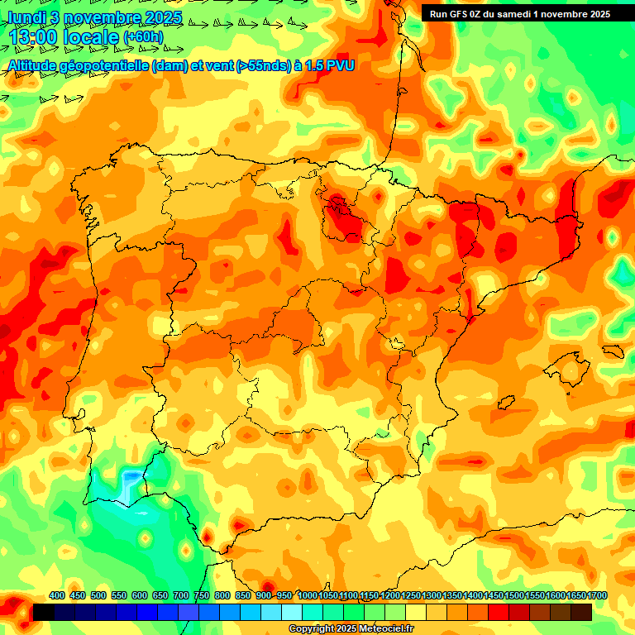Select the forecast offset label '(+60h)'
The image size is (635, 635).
click(143, 37)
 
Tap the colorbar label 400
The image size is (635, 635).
click(57, 595)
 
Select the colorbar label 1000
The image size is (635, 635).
click(307, 595)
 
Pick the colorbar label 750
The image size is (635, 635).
click(201, 595)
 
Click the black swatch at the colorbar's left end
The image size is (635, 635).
click(43, 612)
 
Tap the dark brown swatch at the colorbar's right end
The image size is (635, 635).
click(581, 612)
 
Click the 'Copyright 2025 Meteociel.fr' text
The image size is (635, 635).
click(351, 628)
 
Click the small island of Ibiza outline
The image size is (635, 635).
click(504, 403)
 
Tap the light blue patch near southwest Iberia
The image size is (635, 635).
click(131, 479)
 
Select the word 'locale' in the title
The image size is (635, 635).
click(92, 38)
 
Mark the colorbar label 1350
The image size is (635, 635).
click(451, 595)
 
